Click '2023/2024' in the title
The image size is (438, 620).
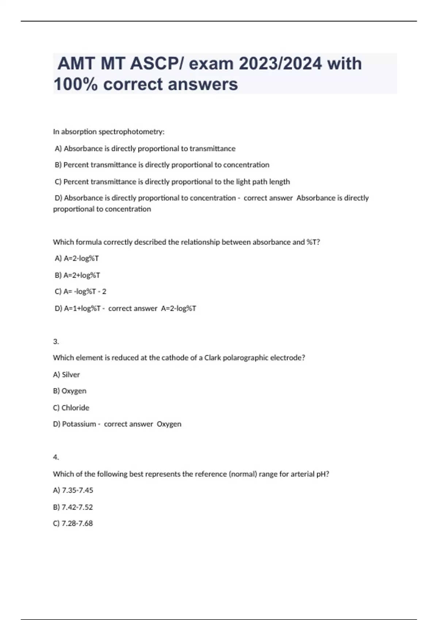pos(280,64)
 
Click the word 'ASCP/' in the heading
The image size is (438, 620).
pos(158,64)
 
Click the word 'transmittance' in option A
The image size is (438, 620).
pos(212,148)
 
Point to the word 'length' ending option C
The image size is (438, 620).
pos(280,182)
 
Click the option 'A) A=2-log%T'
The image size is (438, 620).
pos(77,258)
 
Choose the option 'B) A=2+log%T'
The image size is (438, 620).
pos(77,275)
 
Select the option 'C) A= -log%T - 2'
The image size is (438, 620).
pos(81,291)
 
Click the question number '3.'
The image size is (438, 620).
pos(56,342)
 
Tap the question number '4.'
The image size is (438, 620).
pos(56,457)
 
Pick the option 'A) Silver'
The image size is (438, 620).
pos(66,375)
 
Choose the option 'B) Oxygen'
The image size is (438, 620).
pos(70,391)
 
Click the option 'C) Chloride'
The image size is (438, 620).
pos(71,408)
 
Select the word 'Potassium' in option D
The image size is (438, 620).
pos(79,424)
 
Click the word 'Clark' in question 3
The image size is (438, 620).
pos(212,358)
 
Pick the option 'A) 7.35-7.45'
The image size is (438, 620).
pos(73,490)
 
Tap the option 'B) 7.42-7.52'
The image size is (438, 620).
pos(73,507)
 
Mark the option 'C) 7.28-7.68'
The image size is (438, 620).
pos(73,523)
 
